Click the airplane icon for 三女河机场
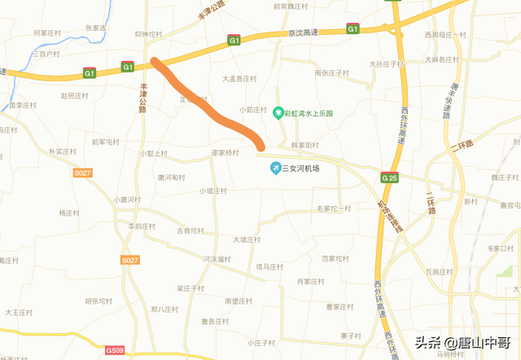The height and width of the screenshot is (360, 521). pyautogui.click(x=276, y=169)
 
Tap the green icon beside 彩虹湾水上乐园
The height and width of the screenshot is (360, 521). pyautogui.click(x=277, y=112)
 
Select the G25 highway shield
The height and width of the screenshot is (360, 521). pyautogui.click(x=388, y=178)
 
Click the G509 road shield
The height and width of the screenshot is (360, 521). pyautogui.click(x=115, y=351)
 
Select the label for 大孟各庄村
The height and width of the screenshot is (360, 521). pyautogui.click(x=239, y=79)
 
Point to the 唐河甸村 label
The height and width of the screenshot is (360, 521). pyautogui.click(x=171, y=177)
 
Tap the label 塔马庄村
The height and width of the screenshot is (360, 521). pyautogui.click(x=269, y=266)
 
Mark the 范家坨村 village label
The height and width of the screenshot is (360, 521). pyautogui.click(x=338, y=258)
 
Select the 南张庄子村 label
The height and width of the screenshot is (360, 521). pyautogui.click(x=331, y=72)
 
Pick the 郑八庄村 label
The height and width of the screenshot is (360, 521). pyautogui.click(x=164, y=310)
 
